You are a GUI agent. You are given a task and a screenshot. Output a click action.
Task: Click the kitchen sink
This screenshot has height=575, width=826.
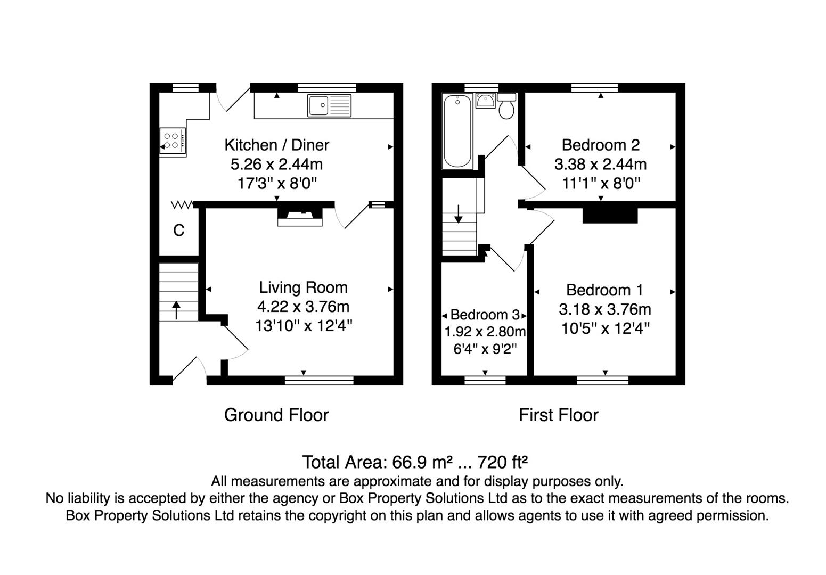point(329,105)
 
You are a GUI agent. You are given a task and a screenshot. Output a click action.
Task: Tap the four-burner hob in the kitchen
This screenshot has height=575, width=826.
point(173,141)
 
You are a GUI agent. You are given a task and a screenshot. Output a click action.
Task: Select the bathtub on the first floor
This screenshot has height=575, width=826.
point(457,131)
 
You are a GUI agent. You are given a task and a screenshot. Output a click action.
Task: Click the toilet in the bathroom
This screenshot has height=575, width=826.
point(506,106)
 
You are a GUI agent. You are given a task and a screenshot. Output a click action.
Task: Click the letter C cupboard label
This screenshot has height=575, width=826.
point(179,231)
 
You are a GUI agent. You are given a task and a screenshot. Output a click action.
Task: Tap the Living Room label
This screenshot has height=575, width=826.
point(303,287)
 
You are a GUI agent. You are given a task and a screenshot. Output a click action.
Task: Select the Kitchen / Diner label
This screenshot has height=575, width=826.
point(276,145)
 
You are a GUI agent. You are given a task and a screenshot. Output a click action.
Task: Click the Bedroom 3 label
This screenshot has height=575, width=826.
point(485,315)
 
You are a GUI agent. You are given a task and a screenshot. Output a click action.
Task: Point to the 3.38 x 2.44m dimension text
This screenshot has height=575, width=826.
point(600,165)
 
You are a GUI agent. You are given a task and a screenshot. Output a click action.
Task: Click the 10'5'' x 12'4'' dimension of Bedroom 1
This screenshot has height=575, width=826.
point(605,328)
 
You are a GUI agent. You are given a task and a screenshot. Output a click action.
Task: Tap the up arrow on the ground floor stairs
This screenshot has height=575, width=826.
point(176,310)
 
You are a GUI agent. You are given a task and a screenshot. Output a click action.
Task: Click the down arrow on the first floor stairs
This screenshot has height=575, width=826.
point(458,214)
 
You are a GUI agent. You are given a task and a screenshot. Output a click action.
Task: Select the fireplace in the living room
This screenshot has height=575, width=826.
point(300,217)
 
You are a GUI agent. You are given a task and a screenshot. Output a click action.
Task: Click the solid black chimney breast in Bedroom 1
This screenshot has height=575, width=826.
point(610,216)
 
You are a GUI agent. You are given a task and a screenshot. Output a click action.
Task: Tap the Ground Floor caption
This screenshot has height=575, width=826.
point(276,415)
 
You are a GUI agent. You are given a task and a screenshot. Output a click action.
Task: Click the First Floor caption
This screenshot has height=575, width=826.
point(558,415)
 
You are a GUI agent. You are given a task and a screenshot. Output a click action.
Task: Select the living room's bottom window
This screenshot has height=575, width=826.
point(319,380)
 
